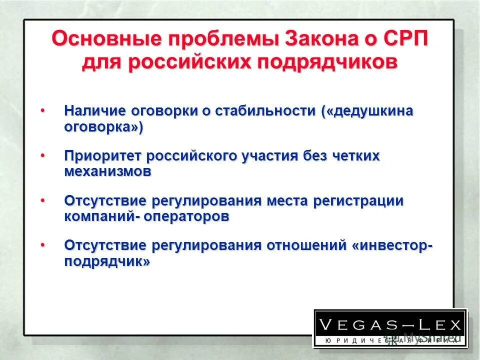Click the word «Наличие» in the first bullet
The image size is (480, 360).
pyautogui.click(x=94, y=111)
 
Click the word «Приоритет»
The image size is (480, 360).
pyautogui.click(x=103, y=156)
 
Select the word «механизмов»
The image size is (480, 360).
pyautogui.click(x=107, y=171)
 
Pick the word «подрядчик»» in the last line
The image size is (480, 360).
pyautogui.click(x=107, y=261)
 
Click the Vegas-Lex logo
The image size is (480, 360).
pyautogui.click(x=390, y=328)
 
